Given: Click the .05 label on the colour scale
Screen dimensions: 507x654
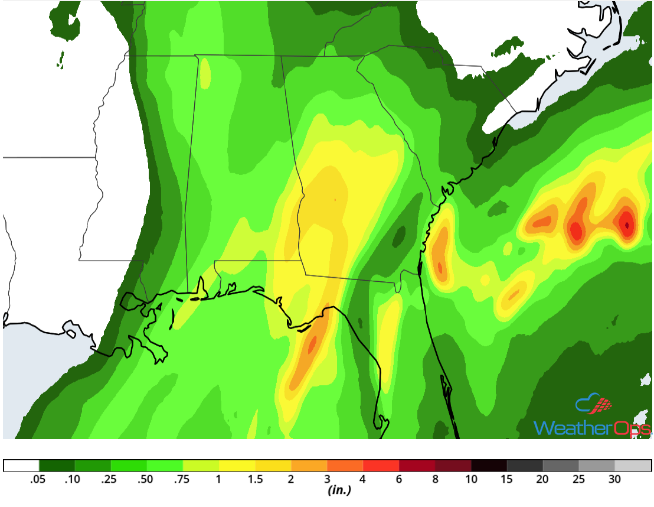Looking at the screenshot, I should (x=39, y=479).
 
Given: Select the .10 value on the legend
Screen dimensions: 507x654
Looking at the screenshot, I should (x=75, y=479).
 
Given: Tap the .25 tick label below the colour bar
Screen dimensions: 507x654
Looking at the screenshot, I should (x=111, y=479).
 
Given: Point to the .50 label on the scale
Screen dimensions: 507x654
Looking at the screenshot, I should (x=147, y=479).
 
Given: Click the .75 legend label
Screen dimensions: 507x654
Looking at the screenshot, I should (x=183, y=479).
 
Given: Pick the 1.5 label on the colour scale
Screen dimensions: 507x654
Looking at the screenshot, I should (x=255, y=479).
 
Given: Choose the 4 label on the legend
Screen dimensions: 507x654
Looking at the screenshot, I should (x=363, y=479).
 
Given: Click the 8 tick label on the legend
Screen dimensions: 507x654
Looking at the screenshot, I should (x=435, y=479).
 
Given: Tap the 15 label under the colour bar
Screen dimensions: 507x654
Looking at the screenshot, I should (x=507, y=479).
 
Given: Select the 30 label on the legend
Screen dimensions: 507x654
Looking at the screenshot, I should (x=615, y=479).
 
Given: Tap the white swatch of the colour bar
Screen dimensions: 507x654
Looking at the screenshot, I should (x=21, y=466).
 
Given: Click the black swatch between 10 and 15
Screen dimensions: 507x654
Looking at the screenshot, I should (x=489, y=466).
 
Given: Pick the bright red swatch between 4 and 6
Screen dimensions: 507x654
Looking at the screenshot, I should (x=381, y=466).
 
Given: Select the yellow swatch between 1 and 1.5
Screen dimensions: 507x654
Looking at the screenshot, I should (x=237, y=466).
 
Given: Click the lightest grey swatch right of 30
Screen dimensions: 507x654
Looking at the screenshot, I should (x=633, y=466).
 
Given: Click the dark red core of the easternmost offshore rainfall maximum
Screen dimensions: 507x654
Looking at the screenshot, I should (x=627, y=223).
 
